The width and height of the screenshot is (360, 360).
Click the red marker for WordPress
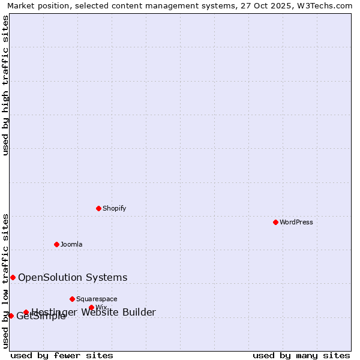[x=275, y=222]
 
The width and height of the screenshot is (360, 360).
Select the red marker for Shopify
[x=98, y=208]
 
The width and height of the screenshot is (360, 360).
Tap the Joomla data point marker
[x=56, y=244]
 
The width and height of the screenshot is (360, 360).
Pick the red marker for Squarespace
[x=72, y=299]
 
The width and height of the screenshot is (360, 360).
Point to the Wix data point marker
[x=91, y=308]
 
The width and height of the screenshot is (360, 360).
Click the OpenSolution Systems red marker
[x=13, y=277]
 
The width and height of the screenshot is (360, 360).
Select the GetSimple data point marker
[x=11, y=316]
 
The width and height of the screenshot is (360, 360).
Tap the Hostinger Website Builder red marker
[x=26, y=312]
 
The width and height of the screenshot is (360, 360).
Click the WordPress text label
[x=296, y=222]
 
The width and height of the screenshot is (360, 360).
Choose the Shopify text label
[x=114, y=208]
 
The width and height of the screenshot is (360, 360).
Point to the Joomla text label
[x=71, y=244]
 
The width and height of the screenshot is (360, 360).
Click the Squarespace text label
[x=97, y=299]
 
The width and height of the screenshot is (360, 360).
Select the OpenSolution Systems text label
[x=73, y=277]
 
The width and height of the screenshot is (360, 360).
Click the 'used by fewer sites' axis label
[x=62, y=355]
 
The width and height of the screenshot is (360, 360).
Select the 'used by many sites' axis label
[x=301, y=355]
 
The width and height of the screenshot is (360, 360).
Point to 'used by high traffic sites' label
[x=5, y=85]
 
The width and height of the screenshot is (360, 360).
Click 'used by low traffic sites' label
[x=5, y=280]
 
